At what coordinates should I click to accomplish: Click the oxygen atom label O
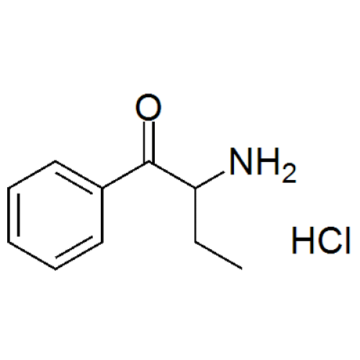coord(148,107)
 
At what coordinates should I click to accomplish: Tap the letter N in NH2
coord(240,161)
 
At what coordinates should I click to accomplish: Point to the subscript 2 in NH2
coord(289,174)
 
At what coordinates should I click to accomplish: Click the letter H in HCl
coord(303,240)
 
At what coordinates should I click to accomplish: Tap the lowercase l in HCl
coord(348,240)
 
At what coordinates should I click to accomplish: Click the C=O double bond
coord(149,142)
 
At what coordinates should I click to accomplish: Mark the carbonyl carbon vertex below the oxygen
coord(149,163)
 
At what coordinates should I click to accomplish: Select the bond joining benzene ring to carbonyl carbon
coord(126,175)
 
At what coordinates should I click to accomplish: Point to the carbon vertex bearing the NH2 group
coord(196,188)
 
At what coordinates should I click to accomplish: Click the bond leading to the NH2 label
coord(210,179)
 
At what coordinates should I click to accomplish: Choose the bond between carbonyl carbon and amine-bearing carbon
coord(172,175)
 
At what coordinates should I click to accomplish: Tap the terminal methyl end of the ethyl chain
coord(241,268)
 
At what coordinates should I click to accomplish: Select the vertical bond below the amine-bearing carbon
coord(196,215)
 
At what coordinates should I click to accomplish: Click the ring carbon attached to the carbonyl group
coord(103,188)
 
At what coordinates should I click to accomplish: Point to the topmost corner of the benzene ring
coord(55,161)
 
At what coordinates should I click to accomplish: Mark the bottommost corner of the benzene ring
coord(55,269)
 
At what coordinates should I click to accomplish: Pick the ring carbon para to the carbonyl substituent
coord(8,242)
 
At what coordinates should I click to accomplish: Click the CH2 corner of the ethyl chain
coord(196,242)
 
